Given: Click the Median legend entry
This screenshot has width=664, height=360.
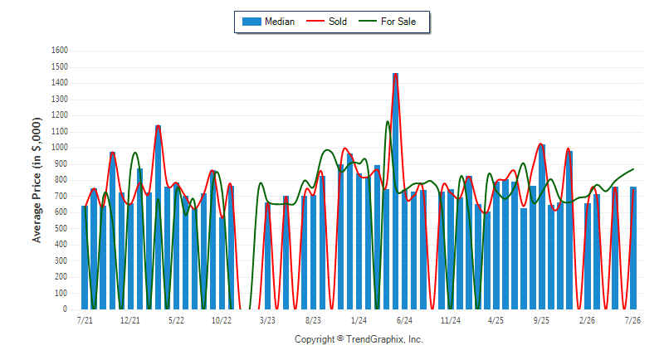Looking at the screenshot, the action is [x=268, y=22].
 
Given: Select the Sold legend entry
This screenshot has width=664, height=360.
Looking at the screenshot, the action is [x=326, y=22].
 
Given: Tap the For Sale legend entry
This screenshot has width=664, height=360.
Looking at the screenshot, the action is [x=387, y=22].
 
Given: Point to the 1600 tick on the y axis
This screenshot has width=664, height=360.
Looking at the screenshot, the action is [x=60, y=51].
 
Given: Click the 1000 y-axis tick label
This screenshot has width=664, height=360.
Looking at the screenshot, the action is [x=60, y=148].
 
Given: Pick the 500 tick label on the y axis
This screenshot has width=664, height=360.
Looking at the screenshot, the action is [x=61, y=228].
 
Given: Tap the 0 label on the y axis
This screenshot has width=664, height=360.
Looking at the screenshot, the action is [x=66, y=309].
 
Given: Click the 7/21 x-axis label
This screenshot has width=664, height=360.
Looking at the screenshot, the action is [x=85, y=321].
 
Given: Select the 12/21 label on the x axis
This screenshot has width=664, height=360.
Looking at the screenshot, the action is [x=130, y=321].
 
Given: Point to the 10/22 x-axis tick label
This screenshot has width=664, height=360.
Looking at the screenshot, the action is [x=222, y=321].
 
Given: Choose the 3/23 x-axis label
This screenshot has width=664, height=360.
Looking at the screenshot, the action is [x=267, y=321].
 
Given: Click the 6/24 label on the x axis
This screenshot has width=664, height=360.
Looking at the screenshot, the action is [x=404, y=321].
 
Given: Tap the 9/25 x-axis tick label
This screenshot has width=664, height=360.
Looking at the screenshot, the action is [x=541, y=321].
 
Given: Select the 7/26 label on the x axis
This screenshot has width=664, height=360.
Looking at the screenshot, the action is [x=632, y=321].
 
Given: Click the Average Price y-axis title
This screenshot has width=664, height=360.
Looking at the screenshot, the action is [x=37, y=180].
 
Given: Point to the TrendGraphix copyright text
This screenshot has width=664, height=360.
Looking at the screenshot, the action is [x=359, y=339].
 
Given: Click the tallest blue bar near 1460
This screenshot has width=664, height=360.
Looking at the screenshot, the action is [x=396, y=192].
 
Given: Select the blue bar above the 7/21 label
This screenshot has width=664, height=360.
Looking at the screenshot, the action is [x=85, y=258].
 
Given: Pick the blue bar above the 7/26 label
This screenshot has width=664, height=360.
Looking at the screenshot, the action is [x=633, y=248].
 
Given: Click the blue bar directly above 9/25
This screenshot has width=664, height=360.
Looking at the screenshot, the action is [x=542, y=226].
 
